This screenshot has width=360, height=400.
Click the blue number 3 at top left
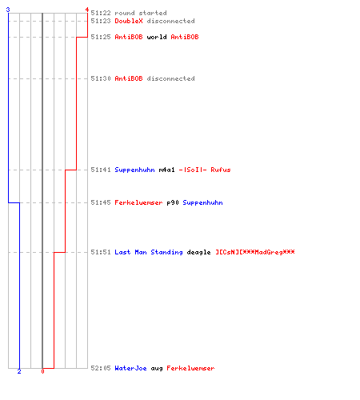[x=8, y=10]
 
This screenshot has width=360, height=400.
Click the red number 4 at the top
[x=87, y=10]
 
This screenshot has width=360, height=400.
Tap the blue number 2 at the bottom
[x=19, y=371]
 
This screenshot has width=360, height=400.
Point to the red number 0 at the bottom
[x=42, y=371]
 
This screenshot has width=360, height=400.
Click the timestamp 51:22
[x=101, y=13]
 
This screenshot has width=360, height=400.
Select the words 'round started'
[x=141, y=13]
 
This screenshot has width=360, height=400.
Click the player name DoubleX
[x=129, y=21]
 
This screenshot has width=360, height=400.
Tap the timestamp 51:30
[x=101, y=78]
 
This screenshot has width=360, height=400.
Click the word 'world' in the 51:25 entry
[x=157, y=37]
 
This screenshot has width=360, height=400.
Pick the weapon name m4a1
[x=166, y=170]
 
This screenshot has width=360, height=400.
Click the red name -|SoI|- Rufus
[x=205, y=170]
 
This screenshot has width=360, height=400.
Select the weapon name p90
[x=173, y=202]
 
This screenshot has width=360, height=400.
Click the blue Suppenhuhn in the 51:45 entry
[x=202, y=202]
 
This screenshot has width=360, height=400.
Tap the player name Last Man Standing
[x=149, y=252]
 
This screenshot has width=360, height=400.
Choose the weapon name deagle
[x=198, y=252]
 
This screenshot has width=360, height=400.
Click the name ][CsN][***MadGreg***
[x=255, y=252]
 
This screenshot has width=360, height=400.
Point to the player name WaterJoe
[x=130, y=368]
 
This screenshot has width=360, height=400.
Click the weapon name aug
[x=157, y=369]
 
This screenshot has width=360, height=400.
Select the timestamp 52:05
[x=101, y=368]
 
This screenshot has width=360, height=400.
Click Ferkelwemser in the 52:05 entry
[x=190, y=368]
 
